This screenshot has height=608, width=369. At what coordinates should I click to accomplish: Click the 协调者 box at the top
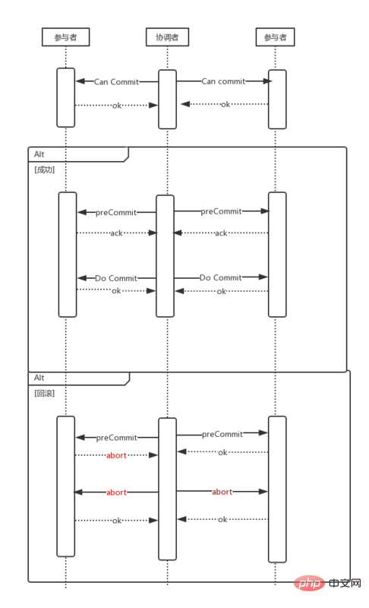coord(167,36)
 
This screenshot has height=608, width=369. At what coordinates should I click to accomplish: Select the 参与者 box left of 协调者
coord(65,36)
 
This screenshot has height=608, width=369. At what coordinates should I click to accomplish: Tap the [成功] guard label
coord(45,169)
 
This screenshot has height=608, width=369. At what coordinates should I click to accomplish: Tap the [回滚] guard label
coord(45,393)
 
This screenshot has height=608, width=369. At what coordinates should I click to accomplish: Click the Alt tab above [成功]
coord(40,154)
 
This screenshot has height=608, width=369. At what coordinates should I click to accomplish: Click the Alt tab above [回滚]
coord(40,378)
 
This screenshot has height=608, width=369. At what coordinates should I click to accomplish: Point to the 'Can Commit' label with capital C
coord(116,82)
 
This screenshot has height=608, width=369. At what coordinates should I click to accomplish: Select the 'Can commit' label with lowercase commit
coord(223,81)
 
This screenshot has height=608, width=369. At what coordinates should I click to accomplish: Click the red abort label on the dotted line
coord(116,455)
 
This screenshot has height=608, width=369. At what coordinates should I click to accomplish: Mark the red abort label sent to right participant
coord(222,492)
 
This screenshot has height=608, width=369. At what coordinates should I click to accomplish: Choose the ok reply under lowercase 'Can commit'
coord(225,104)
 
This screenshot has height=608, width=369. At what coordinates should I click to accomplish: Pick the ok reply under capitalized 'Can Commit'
coord(117,106)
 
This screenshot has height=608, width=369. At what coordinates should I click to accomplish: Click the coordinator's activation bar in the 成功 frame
coord(165,255)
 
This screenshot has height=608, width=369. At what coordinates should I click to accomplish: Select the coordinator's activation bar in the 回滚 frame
coord(167,488)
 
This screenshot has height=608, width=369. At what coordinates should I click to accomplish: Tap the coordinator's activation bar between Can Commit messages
coord(167,99)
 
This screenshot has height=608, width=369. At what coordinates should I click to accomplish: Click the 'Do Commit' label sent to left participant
coord(116,278)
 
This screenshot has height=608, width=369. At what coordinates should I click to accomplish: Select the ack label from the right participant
coord(221,233)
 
